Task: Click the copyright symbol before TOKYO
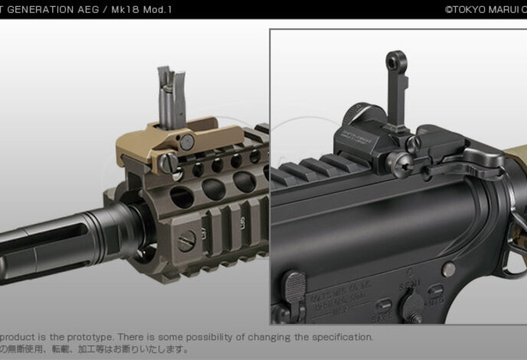click(x=449, y=9)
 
